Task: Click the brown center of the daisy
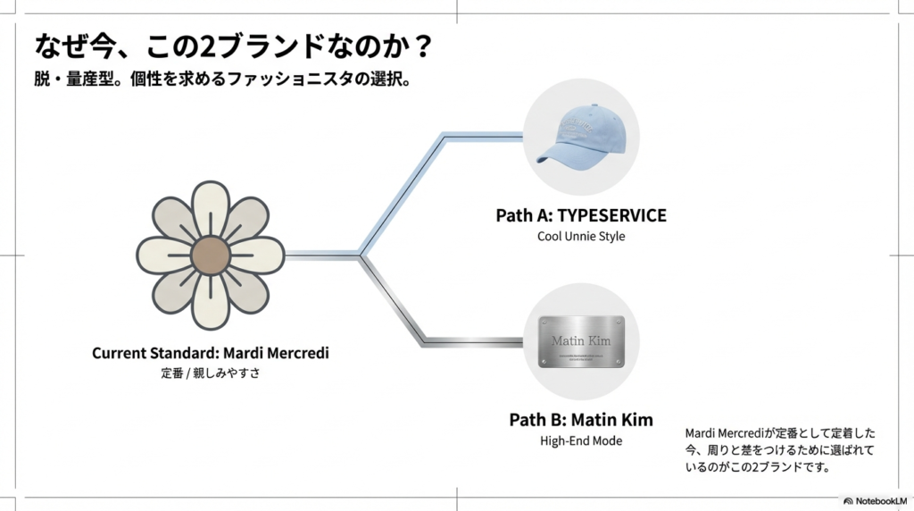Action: (x=210, y=254)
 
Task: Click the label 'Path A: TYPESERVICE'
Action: (x=580, y=216)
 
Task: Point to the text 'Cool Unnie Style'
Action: (x=580, y=237)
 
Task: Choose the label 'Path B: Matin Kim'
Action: (x=580, y=420)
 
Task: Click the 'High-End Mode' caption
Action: (x=580, y=440)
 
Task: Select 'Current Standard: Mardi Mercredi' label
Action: (x=210, y=353)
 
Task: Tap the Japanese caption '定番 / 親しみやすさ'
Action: (x=210, y=373)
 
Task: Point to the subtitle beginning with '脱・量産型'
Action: (x=222, y=79)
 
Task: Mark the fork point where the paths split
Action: (x=361, y=255)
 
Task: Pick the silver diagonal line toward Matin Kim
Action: (x=393, y=299)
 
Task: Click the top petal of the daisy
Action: (x=210, y=204)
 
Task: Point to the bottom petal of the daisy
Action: (x=210, y=304)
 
